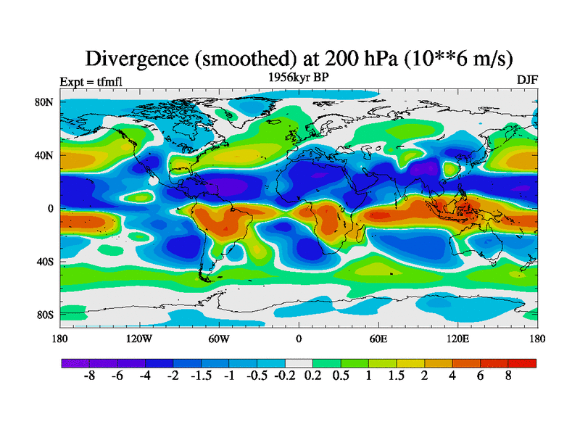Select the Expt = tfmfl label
pyautogui.click(x=90, y=80)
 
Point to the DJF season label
pyautogui.click(x=527, y=80)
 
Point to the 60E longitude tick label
pyautogui.click(x=378, y=339)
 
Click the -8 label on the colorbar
pyautogui.click(x=90, y=378)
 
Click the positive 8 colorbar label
pyautogui.click(x=508, y=378)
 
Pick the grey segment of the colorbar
pyautogui.click(x=299, y=363)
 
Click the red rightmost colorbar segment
pyautogui.click(x=522, y=363)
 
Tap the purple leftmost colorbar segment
pyautogui.click(x=75, y=363)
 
